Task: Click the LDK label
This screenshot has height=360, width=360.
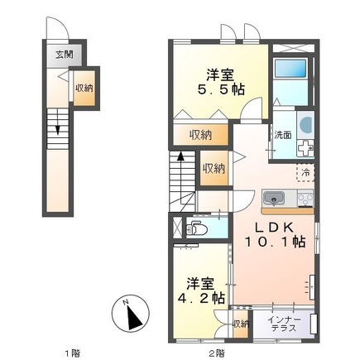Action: coord(275,227)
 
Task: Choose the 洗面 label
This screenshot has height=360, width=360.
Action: coord(281,135)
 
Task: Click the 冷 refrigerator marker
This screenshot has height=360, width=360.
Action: coord(305,172)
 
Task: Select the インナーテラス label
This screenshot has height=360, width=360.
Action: coord(287,324)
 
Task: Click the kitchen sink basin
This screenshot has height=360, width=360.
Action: coord(274,198)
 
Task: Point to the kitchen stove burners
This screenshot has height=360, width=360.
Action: coord(303,198)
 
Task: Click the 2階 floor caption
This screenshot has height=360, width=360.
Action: coord(217,353)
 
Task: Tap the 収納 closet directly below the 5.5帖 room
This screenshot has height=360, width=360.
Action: coord(201,135)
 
